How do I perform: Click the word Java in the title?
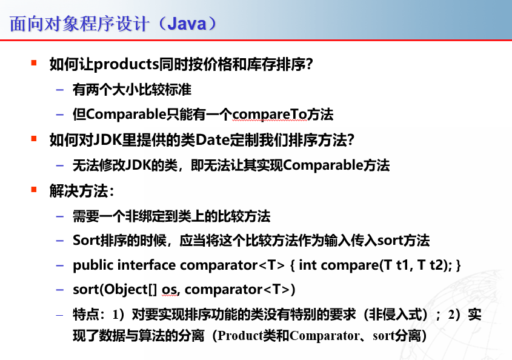187,24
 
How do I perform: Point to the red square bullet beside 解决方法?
34,190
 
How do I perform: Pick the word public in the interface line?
93,265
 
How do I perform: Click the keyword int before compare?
308,265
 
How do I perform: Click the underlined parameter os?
168,289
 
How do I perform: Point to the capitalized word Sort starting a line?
85,241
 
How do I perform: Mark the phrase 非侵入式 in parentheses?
394,315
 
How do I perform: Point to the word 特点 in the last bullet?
85,315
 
